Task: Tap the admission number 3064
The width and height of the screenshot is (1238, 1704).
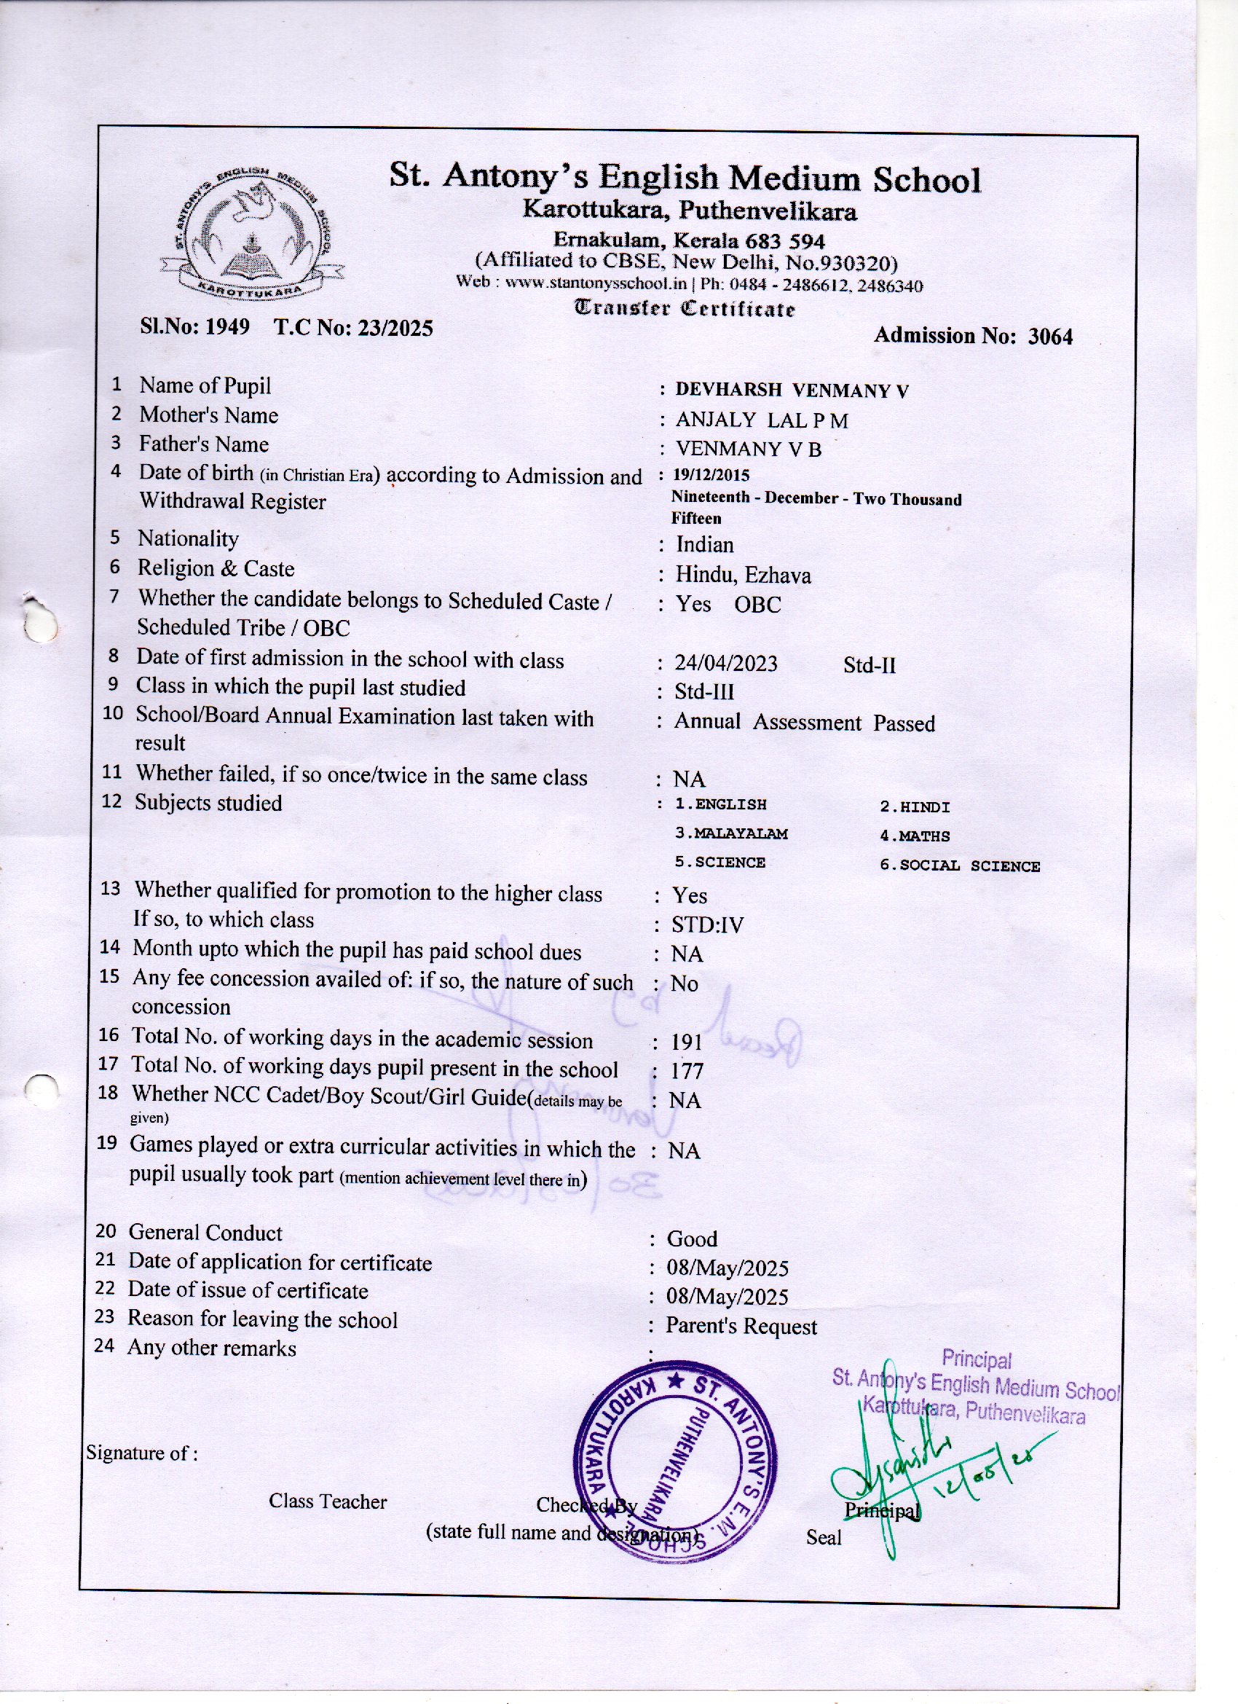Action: tap(1050, 337)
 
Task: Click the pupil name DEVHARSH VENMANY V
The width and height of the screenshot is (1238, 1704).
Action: tap(792, 390)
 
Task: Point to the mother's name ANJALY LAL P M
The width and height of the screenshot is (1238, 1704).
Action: tap(762, 421)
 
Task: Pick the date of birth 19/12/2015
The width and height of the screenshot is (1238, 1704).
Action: tap(711, 475)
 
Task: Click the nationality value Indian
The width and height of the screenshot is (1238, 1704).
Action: tap(705, 545)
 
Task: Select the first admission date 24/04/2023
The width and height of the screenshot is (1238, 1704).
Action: tap(725, 664)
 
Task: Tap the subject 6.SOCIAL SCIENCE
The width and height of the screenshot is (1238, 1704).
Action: tap(959, 865)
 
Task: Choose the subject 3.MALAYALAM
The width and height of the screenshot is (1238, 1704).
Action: tap(731, 834)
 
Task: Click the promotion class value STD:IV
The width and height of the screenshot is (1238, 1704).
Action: tap(708, 925)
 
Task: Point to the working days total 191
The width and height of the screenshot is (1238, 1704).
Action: tap(687, 1042)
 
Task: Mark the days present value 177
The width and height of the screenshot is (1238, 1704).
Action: tap(687, 1071)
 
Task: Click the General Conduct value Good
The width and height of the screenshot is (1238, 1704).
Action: tap(692, 1239)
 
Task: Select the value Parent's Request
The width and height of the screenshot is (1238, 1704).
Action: tap(741, 1326)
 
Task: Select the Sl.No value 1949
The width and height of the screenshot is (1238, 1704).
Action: tap(228, 328)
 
